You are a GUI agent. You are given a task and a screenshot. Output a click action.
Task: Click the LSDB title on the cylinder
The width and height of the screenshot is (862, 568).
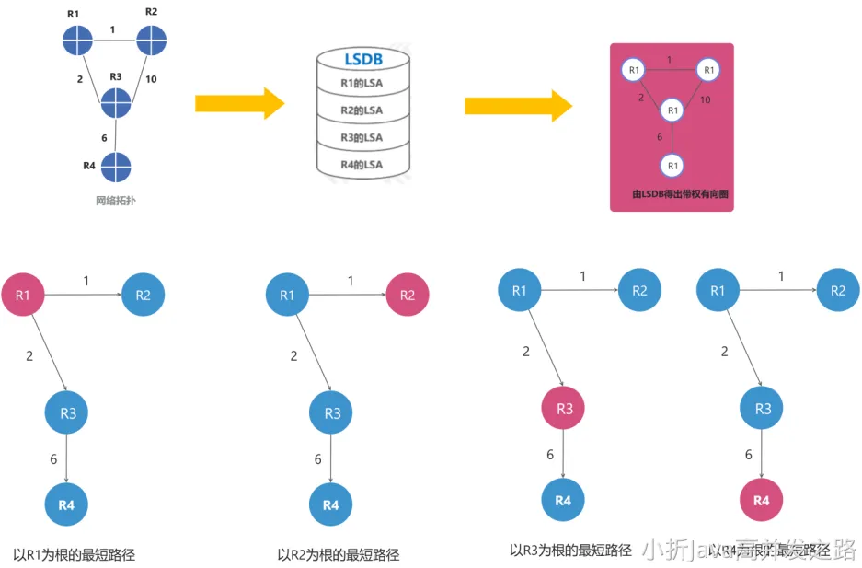362,60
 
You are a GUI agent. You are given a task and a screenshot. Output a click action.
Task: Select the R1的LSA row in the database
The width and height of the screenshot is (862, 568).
362,84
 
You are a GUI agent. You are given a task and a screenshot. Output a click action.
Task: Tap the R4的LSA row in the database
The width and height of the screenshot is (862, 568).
362,165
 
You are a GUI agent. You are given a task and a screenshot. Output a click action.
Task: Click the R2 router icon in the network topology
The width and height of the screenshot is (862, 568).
151,41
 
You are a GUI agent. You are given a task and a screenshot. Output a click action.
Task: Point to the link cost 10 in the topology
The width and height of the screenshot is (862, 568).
151,80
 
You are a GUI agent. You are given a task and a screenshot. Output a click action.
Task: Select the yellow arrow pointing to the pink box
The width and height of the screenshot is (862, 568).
517,104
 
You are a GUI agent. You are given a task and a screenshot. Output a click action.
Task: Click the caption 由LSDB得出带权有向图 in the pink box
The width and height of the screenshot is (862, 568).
672,195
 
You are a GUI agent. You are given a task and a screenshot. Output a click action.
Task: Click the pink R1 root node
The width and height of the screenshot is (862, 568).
24,295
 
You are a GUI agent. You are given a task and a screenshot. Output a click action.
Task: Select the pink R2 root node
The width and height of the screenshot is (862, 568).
407,295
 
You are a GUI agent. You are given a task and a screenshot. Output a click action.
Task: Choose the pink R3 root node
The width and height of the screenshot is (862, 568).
564,409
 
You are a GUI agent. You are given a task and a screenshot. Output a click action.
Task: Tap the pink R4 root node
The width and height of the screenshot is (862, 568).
761,500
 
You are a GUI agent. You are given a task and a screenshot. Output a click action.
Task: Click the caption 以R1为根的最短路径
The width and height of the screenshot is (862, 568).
75,554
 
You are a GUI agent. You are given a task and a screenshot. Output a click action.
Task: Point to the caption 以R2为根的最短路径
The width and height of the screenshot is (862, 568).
339,554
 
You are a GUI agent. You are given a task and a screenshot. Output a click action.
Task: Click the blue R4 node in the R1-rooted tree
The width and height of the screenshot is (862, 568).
67,504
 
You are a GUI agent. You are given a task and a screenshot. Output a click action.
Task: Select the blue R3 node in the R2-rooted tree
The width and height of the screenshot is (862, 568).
332,413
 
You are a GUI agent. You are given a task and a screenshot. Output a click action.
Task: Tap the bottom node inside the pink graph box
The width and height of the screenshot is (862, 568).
672,166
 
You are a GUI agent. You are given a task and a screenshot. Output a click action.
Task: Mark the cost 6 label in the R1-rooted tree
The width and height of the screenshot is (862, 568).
54,458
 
